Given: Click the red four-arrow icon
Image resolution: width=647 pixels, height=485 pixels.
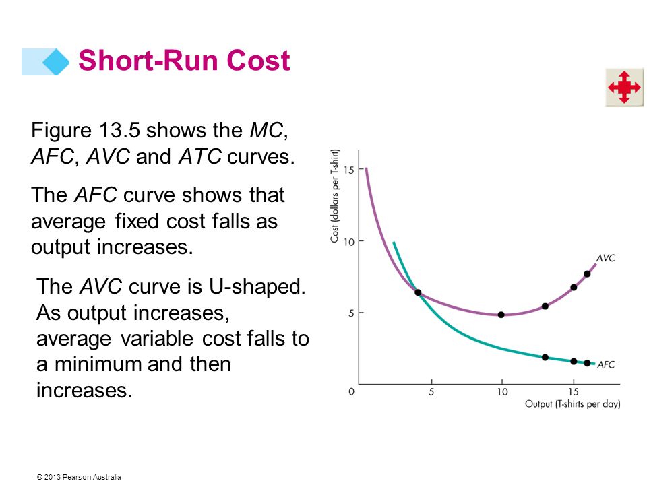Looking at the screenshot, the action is click(624, 87).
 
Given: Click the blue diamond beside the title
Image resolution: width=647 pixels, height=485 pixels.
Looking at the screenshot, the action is click(56, 62).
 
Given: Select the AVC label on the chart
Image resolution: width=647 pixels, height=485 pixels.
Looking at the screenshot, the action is click(606, 258).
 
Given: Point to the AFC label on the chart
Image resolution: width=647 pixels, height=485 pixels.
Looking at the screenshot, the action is click(606, 364).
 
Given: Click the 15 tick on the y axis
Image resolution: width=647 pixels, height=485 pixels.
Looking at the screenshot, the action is click(348, 170).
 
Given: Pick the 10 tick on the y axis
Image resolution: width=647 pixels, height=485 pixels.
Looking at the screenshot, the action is click(348, 242).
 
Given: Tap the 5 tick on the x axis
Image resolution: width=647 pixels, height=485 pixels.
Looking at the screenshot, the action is click(431, 392).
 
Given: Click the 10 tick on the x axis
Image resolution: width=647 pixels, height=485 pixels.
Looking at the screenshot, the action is click(502, 392).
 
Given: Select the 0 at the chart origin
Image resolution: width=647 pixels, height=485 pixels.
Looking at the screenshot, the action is click(352, 391).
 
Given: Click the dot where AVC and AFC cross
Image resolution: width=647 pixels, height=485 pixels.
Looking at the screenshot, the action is click(418, 292).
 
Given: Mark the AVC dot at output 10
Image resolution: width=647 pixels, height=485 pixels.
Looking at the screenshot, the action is click(501, 315).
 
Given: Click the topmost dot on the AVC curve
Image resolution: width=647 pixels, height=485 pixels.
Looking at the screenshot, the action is click(587, 274).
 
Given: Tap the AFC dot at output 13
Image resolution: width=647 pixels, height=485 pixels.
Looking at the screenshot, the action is click(545, 357).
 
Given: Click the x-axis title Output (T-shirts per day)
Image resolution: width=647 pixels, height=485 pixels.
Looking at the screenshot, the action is click(573, 403).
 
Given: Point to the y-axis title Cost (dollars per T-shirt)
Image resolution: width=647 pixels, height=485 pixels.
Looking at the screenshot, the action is click(335, 196).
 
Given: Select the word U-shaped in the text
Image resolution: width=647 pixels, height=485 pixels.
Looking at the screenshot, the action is click(257, 287).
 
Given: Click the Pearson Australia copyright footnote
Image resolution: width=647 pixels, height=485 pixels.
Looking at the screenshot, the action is click(80, 477).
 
